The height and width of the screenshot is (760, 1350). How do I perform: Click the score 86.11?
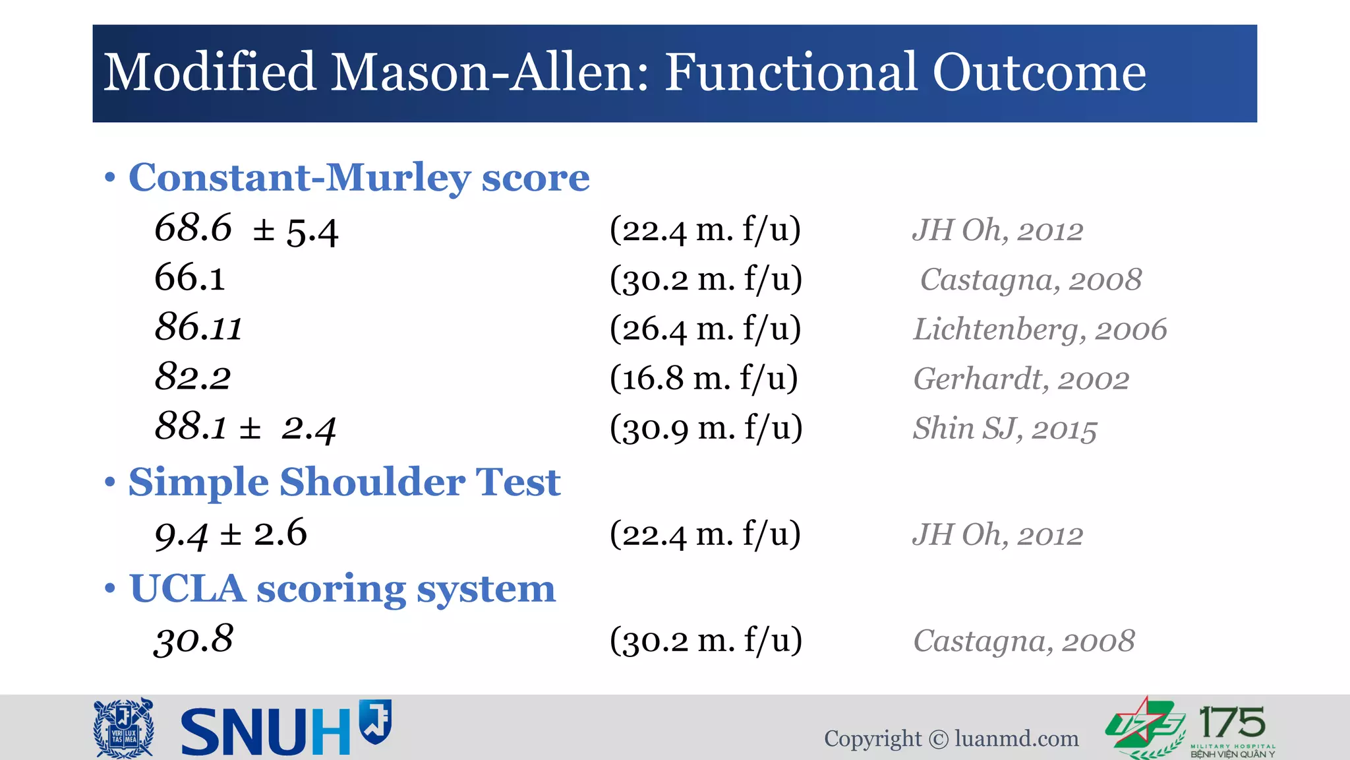pyautogui.click(x=198, y=328)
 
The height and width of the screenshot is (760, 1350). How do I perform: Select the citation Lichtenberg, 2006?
pyautogui.click(x=1040, y=329)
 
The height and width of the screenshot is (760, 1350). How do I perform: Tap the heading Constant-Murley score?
pyautogui.click(x=359, y=177)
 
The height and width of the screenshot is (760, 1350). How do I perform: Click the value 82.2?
pyautogui.click(x=192, y=377)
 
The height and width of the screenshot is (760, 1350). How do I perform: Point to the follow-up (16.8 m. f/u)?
pyautogui.click(x=703, y=378)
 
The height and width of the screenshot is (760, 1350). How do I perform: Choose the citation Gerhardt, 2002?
pyautogui.click(x=1020, y=379)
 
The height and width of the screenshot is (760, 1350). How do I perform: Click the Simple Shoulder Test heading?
pyautogui.click(x=344, y=482)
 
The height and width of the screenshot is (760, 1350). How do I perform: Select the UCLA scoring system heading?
pyautogui.click(x=342, y=588)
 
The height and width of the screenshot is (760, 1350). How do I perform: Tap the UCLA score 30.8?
pyautogui.click(x=194, y=639)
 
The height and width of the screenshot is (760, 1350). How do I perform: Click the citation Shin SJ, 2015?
pyautogui.click(x=1005, y=429)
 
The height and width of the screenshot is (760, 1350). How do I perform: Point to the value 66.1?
pyautogui.click(x=190, y=278)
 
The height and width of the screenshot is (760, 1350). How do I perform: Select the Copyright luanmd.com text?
pyautogui.click(x=951, y=738)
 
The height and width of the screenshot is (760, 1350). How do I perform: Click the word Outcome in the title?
pyautogui.click(x=1039, y=73)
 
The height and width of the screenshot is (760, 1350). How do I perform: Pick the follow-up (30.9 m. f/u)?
pyautogui.click(x=706, y=428)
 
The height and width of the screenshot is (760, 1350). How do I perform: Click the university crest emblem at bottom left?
pyautogui.click(x=124, y=728)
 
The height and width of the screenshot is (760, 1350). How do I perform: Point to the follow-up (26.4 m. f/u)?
pyautogui.click(x=705, y=329)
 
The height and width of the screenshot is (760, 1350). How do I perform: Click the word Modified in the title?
pyautogui.click(x=210, y=73)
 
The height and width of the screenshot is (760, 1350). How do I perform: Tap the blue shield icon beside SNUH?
pyautogui.click(x=376, y=722)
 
